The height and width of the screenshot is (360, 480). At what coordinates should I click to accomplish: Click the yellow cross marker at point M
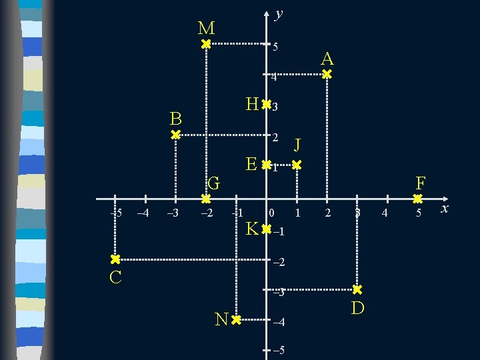pos(206,44)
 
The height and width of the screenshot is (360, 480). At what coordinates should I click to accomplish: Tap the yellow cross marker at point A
pos(327,75)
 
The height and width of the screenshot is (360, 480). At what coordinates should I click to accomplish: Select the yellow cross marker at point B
pos(175,135)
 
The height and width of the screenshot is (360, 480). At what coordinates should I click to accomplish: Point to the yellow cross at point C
pos(115,259)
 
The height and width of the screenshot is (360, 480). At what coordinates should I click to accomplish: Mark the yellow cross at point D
pos(357,290)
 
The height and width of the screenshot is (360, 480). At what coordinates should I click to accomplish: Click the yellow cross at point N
pos(236,320)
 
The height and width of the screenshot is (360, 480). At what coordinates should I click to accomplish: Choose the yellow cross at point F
pos(417,199)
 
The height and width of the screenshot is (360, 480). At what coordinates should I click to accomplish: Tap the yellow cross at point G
pos(206,199)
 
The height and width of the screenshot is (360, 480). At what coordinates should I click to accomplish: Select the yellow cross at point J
pos(297,164)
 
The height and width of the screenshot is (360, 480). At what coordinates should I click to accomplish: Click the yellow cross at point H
pos(266,105)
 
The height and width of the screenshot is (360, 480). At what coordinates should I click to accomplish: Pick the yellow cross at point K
pos(266,229)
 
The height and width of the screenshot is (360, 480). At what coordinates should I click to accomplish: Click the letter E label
pos(251,164)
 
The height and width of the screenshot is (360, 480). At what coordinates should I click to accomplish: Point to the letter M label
pos(206,28)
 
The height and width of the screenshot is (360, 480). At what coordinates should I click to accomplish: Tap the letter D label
pos(357,308)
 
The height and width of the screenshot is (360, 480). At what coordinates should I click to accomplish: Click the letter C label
pos(115,277)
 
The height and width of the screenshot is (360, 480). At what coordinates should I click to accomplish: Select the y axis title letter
pos(279,13)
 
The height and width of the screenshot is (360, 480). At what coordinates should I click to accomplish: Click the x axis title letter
pos(445,209)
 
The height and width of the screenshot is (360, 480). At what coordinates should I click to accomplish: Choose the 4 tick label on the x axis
pos(383,213)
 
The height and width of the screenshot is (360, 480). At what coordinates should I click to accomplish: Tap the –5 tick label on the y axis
pos(279,351)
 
